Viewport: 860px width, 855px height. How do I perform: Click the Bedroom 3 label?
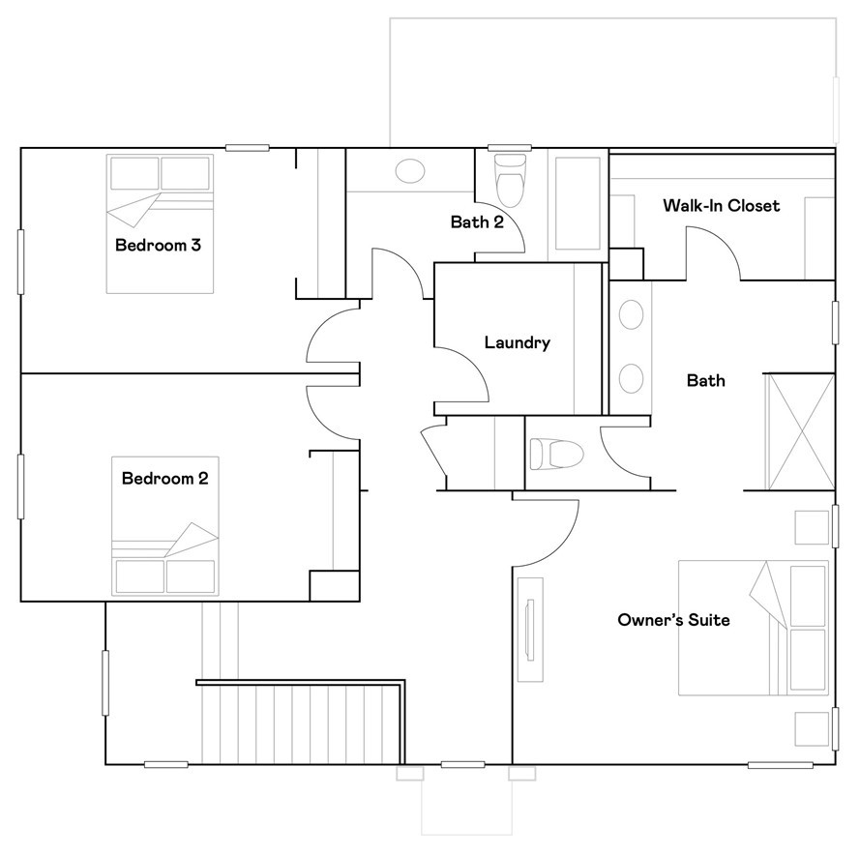click(158, 245)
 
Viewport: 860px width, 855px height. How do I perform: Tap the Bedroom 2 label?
click(164, 478)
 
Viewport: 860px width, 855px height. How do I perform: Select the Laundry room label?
click(517, 342)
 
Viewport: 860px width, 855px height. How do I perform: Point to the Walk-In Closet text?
click(721, 206)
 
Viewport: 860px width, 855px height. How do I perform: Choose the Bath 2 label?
click(478, 221)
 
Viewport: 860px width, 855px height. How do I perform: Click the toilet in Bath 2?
click(509, 178)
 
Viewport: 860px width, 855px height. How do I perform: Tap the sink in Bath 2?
click(410, 171)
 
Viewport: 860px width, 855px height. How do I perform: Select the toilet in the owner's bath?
click(557, 453)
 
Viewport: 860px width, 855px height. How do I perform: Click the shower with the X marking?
click(799, 431)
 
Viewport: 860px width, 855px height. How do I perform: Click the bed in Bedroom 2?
click(164, 527)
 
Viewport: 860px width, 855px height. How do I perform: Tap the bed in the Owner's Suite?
click(753, 628)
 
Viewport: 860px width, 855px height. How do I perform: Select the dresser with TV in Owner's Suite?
click(529, 630)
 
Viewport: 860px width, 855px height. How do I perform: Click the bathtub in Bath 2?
click(577, 207)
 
